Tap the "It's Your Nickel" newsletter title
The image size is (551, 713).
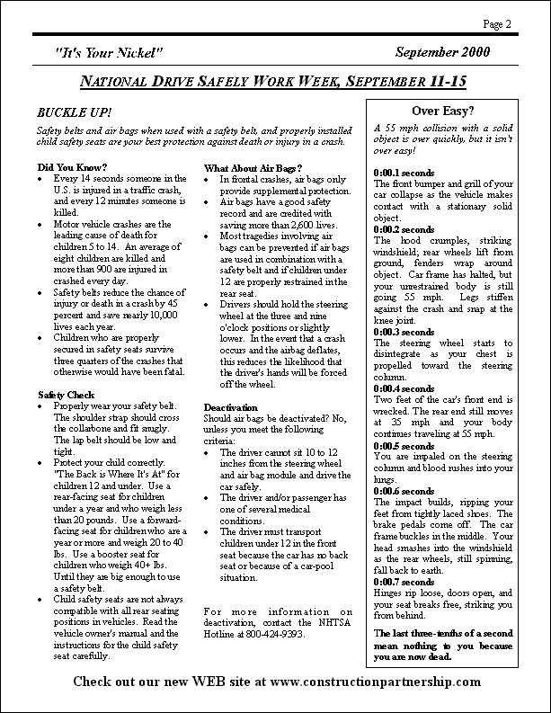[109, 53]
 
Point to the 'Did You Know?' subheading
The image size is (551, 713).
[72, 167]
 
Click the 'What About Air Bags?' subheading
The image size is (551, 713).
[253, 167]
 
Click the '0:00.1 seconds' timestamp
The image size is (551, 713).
[404, 172]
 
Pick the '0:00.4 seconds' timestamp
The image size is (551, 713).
[404, 388]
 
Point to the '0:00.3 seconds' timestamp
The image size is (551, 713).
[404, 333]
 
